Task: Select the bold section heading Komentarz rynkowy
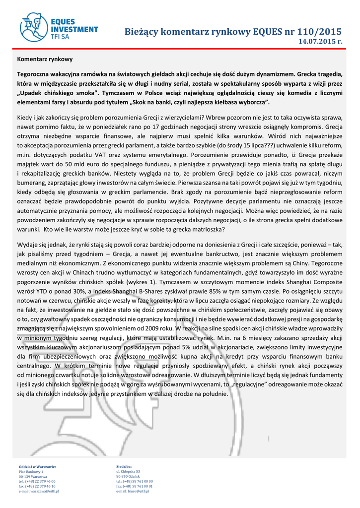45,58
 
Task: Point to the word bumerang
32,183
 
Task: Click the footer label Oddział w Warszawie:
37,467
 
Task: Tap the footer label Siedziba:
124,467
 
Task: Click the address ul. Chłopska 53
128,471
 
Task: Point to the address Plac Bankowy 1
31,471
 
